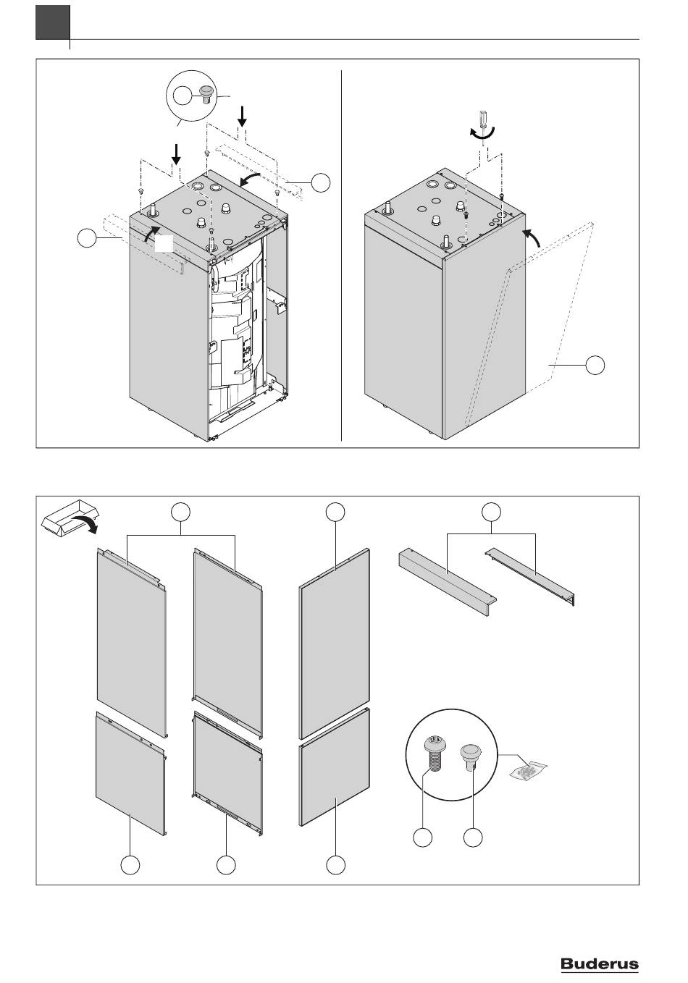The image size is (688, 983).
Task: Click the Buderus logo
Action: pos(600,963)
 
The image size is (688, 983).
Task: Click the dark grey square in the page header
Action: pos(52,22)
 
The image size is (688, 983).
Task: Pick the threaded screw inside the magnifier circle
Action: pos(432,754)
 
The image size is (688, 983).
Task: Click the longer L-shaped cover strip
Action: pos(446,581)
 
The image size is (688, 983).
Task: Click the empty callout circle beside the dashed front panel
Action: pos(595,366)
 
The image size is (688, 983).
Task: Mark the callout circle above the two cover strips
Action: pos(492,511)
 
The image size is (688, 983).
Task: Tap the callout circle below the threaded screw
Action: pos(423,838)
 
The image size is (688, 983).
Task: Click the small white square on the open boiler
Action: pos(166,243)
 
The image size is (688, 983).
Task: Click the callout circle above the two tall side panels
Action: pos(182,512)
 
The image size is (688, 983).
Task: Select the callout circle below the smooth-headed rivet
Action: pos(473,838)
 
